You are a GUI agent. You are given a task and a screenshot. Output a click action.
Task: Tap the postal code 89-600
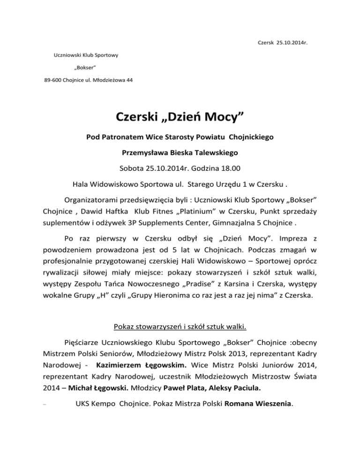pyautogui.click(x=48, y=80)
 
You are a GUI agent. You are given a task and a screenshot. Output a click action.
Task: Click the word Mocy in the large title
pyautogui.click(x=220, y=114)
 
